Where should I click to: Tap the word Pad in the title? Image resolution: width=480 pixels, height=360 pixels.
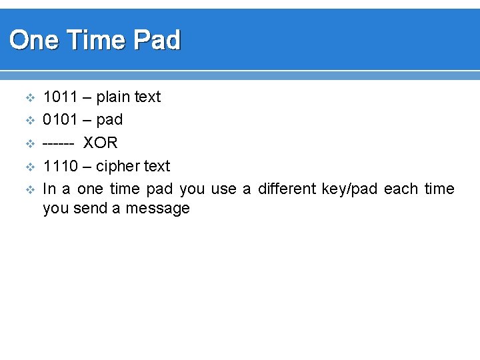click(157, 41)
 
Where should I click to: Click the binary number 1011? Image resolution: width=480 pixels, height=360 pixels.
click(59, 97)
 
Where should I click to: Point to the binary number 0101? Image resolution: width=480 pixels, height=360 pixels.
click(59, 120)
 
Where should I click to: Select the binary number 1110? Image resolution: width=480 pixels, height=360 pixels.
click(59, 166)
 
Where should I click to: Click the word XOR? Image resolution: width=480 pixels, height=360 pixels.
click(100, 143)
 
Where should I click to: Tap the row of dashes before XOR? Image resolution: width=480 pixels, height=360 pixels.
click(58, 143)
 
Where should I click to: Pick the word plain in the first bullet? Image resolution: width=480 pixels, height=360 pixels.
click(113, 97)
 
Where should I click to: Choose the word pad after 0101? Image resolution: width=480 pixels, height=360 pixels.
click(109, 121)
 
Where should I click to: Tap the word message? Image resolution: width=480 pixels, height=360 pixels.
click(159, 209)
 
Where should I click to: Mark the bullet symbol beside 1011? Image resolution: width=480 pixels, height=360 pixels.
click(29, 98)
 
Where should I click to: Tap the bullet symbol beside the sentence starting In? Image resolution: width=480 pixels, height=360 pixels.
click(29, 189)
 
